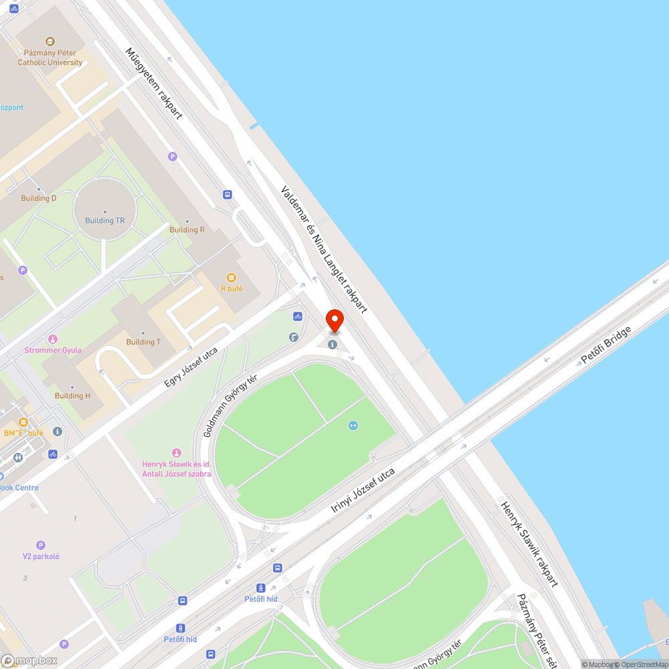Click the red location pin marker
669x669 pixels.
pyautogui.click(x=334, y=321)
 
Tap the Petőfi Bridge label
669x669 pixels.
pyautogui.click(x=606, y=345)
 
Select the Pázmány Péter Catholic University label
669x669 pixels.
pyautogui.click(x=50, y=58)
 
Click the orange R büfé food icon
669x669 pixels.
pyautogui.click(x=231, y=277)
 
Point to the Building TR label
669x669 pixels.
pyautogui.click(x=105, y=221)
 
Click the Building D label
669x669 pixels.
pyautogui.click(x=39, y=198)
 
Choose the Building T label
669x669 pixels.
pyautogui.click(x=143, y=342)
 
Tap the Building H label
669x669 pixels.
pyautogui.click(x=72, y=395)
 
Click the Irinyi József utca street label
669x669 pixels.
pyautogui.click(x=363, y=490)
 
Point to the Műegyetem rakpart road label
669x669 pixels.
pyautogui.click(x=154, y=83)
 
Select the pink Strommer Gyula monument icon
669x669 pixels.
pyautogui.click(x=53, y=339)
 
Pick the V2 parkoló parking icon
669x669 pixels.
pyautogui.click(x=41, y=545)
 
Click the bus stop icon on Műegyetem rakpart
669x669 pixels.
pyautogui.click(x=228, y=195)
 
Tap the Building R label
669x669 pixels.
pyautogui.click(x=187, y=229)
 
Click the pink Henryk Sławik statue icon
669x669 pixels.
pyautogui.click(x=177, y=453)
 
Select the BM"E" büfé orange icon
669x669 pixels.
pyautogui.click(x=24, y=422)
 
